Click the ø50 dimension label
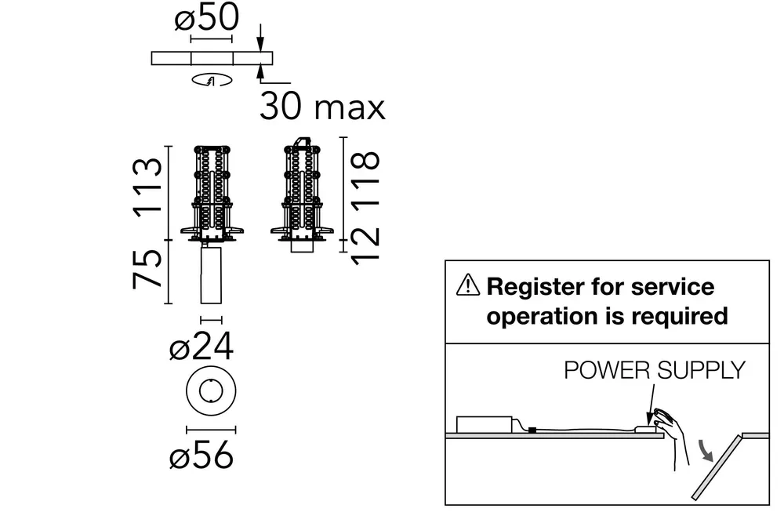pos(206,18)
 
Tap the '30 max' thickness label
pos(322,107)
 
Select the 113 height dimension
pos(148,187)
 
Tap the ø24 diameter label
pos(201,346)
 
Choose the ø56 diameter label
pos(201,455)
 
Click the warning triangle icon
pos(468,285)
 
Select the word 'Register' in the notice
pos(535,288)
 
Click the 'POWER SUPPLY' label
pos(655,371)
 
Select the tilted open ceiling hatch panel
pos(717,467)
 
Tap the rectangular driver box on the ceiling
pos(484,424)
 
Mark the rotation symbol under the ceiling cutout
pos(212,79)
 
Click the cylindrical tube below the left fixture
pos(211,274)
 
